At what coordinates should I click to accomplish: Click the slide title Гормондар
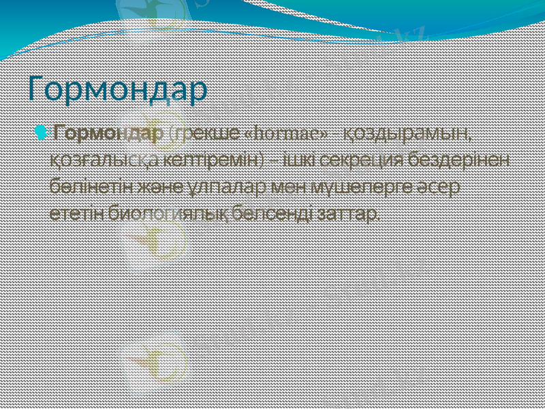(118, 91)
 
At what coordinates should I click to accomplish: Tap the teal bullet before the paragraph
(43, 132)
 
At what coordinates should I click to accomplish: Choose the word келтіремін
(215, 159)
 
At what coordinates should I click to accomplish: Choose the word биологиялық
(163, 213)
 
